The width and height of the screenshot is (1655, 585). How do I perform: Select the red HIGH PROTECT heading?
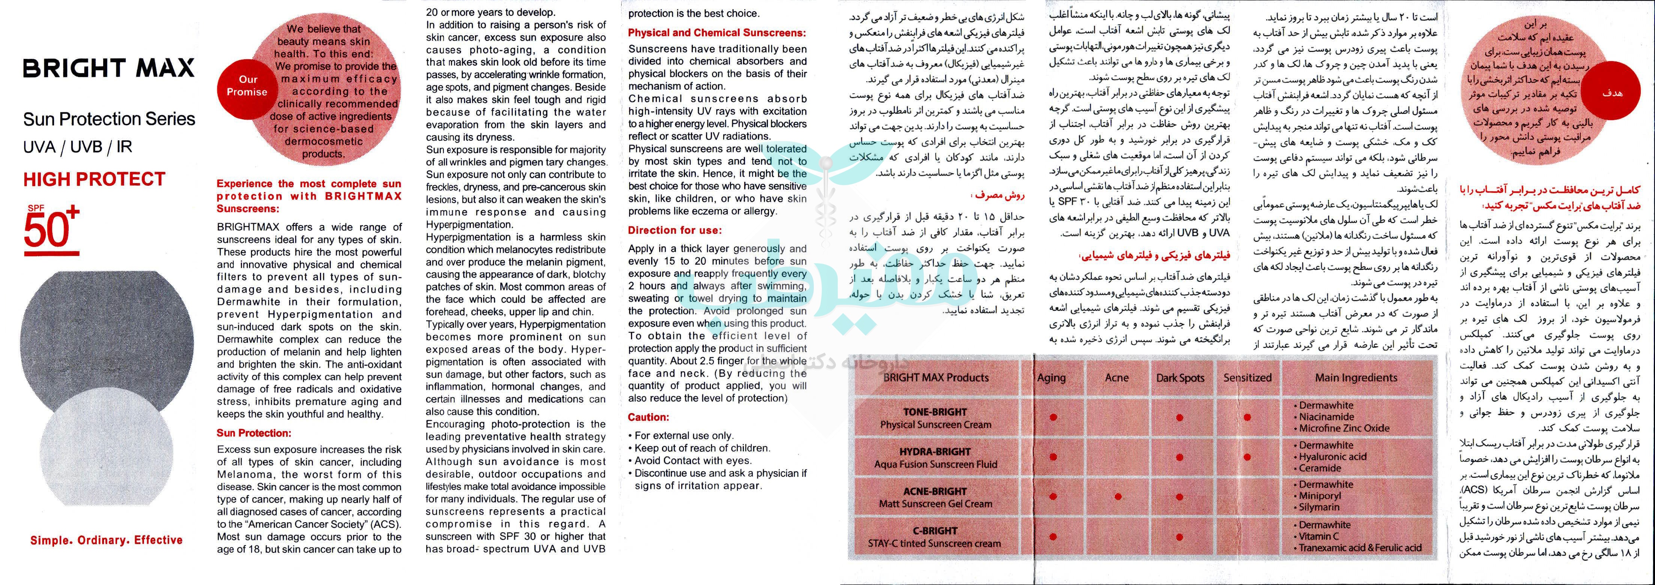point(95,179)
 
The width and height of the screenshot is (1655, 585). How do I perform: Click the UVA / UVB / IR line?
point(78,147)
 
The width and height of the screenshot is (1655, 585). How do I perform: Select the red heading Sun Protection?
point(254,433)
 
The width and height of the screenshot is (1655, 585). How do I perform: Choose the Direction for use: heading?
point(674,230)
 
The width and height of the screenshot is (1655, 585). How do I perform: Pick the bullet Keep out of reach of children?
point(702,448)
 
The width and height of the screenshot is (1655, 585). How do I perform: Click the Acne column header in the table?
point(1117,378)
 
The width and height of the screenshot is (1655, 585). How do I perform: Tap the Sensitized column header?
point(1247,378)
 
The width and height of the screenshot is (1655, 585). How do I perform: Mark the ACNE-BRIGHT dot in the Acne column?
point(1118,497)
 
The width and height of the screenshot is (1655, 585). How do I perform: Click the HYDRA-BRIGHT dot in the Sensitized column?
point(1247,457)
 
